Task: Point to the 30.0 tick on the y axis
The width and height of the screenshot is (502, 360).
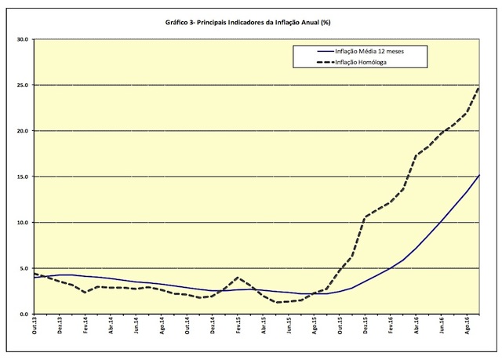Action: coord(22,39)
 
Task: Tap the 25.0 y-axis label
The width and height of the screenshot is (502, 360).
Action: coord(22,85)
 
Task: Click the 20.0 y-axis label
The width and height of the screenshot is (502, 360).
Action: coord(22,131)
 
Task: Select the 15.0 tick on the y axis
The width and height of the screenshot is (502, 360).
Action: coord(22,176)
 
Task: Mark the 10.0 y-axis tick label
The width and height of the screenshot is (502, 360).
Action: coord(22,223)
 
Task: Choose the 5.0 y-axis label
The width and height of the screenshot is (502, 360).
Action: coord(24,268)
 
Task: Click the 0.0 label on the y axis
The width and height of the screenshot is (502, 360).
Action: coord(24,315)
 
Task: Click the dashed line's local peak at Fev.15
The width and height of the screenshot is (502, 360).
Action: coord(238,278)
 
